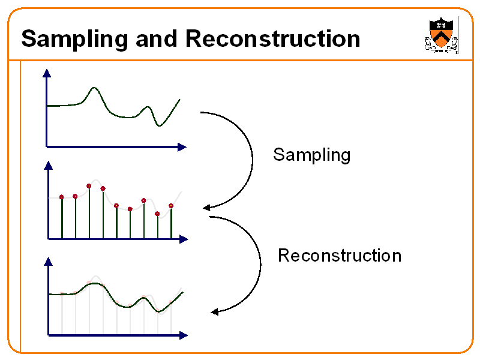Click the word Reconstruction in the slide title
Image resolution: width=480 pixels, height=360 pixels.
coord(272,39)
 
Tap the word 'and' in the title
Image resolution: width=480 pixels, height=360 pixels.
coord(157,39)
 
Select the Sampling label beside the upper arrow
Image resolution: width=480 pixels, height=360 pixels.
coord(311,155)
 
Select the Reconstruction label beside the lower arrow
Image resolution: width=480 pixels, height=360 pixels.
coord(339,256)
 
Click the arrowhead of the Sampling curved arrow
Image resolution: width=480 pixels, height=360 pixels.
coord(206,208)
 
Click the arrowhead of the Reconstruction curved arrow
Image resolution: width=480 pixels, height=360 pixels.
coord(214,311)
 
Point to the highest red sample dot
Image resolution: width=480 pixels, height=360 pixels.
coord(89,186)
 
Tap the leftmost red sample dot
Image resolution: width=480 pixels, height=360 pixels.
coord(61,197)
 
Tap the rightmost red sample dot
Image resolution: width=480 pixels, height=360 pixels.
coord(171,206)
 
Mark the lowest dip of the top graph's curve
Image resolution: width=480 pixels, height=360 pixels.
coord(159,125)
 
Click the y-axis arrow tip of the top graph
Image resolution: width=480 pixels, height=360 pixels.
coord(46,72)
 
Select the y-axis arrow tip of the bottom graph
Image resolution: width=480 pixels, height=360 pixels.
coord(48,260)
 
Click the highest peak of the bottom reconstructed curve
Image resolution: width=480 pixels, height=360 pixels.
coord(94,284)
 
